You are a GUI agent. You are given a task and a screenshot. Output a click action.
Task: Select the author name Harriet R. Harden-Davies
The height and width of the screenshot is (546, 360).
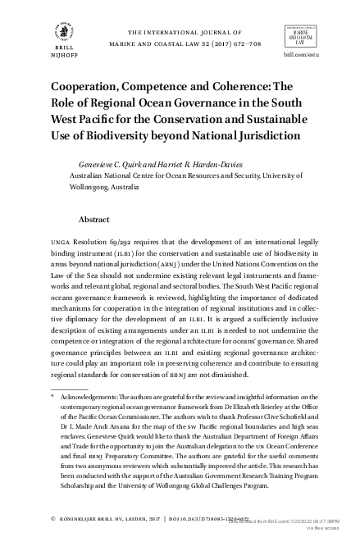(207, 163)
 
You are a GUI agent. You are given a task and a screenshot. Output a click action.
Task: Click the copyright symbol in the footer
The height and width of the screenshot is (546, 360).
(52, 519)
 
